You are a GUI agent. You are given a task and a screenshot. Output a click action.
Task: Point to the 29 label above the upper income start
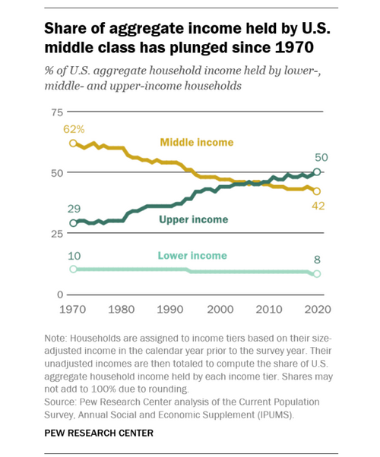click(74, 208)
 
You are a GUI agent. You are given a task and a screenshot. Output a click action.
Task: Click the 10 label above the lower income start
click(74, 256)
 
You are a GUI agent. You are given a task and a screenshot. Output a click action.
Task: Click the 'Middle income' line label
click(196, 143)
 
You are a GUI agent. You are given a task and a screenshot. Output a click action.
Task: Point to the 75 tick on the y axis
click(53, 112)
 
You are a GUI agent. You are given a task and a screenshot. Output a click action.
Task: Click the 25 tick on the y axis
click(53, 234)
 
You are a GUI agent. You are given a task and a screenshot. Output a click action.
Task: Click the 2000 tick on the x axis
click(220, 310)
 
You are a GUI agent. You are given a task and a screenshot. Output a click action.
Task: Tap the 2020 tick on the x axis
click(317, 310)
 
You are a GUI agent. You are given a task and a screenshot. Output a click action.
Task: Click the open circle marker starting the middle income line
click(74, 143)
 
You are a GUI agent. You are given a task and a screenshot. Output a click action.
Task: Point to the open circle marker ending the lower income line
click(317, 274)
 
